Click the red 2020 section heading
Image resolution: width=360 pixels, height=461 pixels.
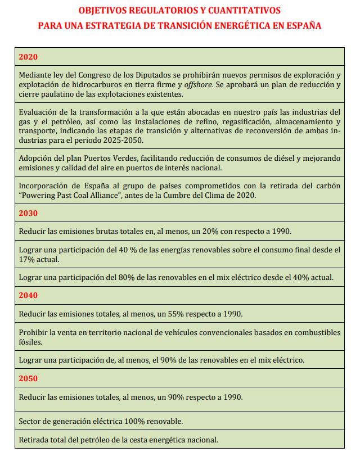pyautogui.click(x=28, y=57)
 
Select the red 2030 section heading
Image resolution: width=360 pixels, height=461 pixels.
pyautogui.click(x=28, y=213)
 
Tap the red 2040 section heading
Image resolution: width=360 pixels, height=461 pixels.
pyautogui.click(x=28, y=295)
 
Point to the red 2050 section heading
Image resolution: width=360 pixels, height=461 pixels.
pyautogui.click(x=28, y=378)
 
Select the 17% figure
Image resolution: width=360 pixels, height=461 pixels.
pyautogui.click(x=28, y=259)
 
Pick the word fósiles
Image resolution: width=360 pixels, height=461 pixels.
pyautogui.click(x=30, y=342)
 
